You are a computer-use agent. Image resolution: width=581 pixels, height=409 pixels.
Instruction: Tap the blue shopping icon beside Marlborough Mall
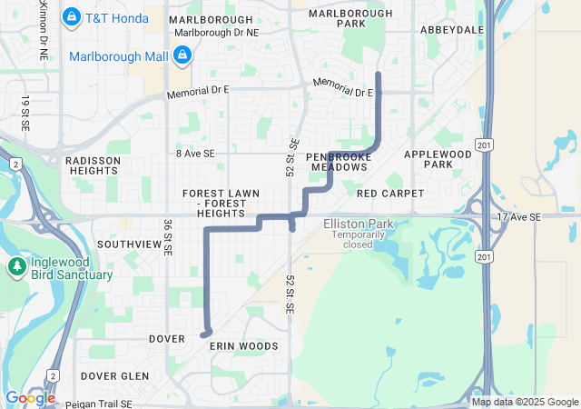coord(182,56)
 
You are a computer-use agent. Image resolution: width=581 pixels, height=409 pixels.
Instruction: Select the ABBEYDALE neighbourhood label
coord(452,29)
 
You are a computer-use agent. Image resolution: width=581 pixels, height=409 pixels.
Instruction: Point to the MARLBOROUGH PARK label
coord(350,18)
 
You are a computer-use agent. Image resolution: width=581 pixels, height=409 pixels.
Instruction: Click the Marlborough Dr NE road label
coord(216,32)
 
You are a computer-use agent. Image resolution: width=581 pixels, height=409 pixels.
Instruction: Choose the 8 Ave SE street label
coord(195,155)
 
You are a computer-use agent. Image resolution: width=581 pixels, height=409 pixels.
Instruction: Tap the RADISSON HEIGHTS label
coord(93,165)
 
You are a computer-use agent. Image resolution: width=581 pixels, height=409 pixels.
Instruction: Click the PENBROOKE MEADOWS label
coord(340,162)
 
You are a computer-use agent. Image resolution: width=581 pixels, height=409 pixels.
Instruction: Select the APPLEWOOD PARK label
coord(438,159)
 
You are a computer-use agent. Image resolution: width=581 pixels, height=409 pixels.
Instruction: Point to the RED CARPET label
coord(390,194)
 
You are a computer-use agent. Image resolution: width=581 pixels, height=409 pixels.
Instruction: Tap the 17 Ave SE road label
coord(518,217)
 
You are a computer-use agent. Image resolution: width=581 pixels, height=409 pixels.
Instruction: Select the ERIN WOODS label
coord(244,346)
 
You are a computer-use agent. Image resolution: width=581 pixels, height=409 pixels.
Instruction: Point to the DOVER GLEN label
coord(114,375)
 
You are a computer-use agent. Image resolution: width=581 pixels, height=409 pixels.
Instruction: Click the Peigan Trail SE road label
coord(100,403)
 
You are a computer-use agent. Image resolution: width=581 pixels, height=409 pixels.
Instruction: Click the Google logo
coord(30,398)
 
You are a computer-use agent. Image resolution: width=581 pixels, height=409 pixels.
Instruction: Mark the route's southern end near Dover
coord(203,335)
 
